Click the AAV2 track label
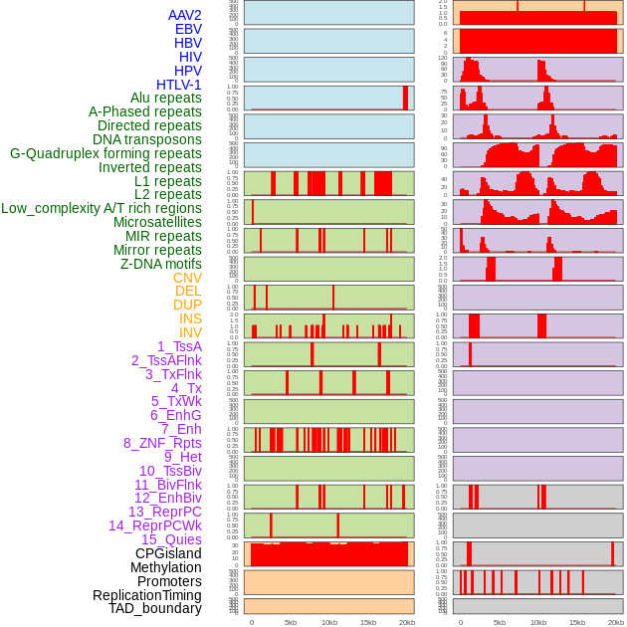(x=184, y=15)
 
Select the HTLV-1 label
(x=178, y=85)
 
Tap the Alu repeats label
(x=165, y=98)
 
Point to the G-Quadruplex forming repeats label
(x=105, y=153)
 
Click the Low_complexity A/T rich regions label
(x=102, y=208)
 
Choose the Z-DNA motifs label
(x=160, y=264)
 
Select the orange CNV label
(x=187, y=278)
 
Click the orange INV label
(x=190, y=332)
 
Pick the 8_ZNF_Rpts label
(x=162, y=443)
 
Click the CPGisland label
(x=168, y=553)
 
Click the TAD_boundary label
(x=154, y=608)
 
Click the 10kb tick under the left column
(x=328, y=622)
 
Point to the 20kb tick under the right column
(x=616, y=622)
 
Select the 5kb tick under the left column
(x=290, y=622)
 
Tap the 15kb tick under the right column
(x=576, y=622)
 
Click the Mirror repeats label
(x=157, y=250)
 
